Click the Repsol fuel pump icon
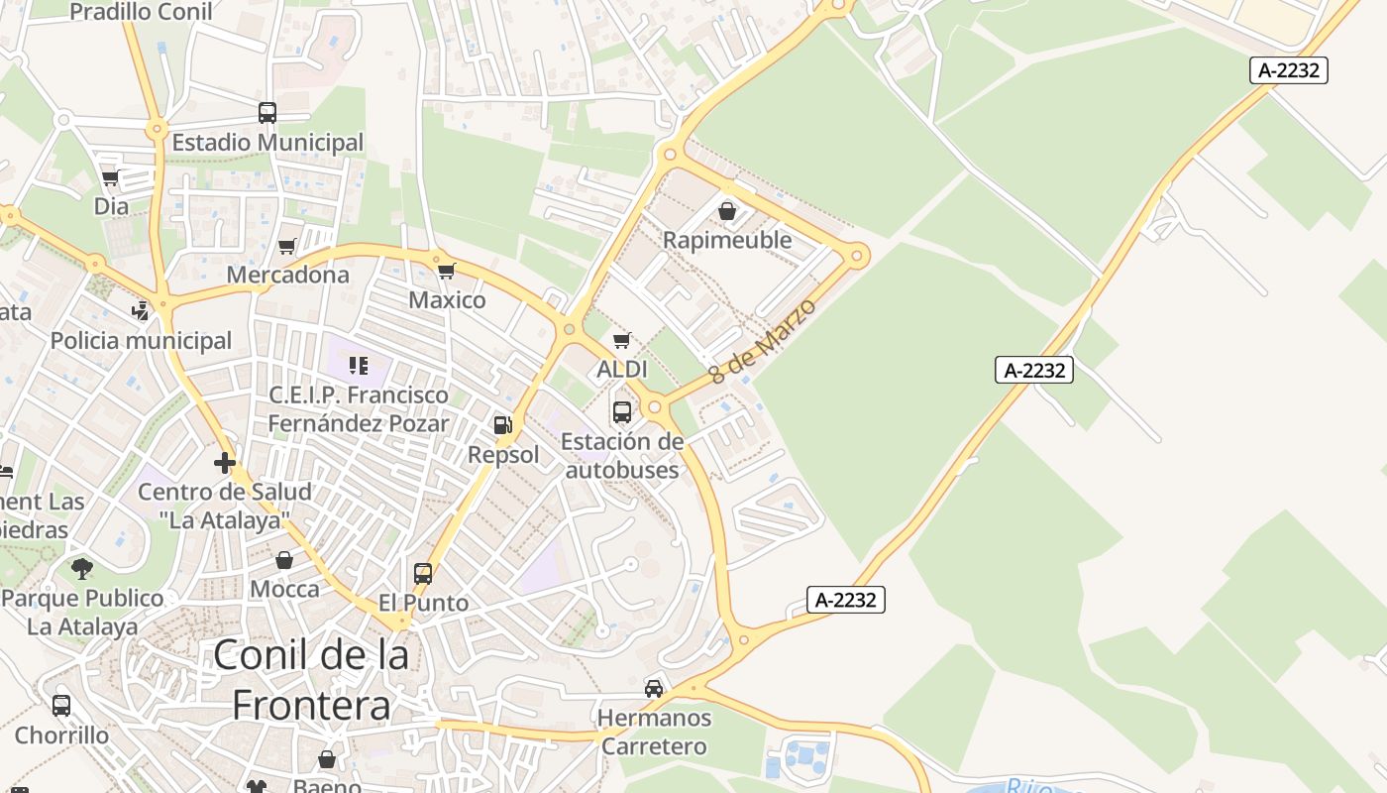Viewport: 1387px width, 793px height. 503,425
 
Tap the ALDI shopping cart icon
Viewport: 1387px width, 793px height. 622,341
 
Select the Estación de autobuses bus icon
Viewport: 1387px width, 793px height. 622,412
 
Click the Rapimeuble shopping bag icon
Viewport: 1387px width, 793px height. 727,211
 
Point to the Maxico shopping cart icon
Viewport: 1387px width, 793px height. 447,271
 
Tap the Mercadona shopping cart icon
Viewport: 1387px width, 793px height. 287,246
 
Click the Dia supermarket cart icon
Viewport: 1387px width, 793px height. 111,178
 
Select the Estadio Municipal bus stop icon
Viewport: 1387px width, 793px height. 267,113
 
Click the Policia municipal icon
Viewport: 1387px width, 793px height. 141,311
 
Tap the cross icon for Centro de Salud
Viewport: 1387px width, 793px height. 225,462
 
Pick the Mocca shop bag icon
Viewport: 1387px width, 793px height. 284,560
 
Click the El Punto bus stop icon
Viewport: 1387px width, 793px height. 423,573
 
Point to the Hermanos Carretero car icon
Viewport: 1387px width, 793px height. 654,688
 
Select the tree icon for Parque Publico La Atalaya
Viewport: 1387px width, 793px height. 82,569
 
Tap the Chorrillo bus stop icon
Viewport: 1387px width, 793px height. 61,706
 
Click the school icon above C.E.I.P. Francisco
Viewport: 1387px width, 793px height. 359,366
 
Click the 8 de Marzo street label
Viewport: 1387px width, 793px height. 763,342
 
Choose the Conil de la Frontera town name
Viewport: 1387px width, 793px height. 311,680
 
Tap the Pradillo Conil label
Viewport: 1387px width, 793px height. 141,12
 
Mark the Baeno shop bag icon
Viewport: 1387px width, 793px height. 327,759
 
